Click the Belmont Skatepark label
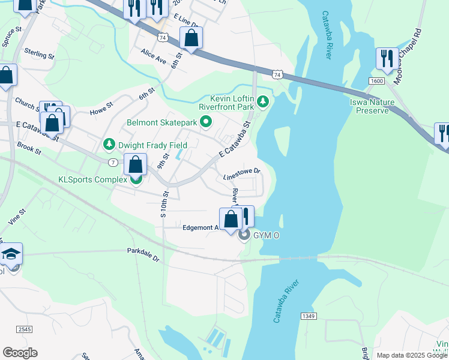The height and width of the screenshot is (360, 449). point(161,122)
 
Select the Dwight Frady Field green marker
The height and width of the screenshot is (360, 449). point(109,145)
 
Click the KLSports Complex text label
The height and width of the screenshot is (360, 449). point(93,179)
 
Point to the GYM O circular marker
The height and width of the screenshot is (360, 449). point(244,235)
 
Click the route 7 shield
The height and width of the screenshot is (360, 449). point(113,163)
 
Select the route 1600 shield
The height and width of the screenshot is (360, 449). point(376,80)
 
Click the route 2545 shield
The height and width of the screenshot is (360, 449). point(25,329)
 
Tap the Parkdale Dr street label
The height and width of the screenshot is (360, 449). point(143,255)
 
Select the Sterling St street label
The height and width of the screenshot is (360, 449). point(40,54)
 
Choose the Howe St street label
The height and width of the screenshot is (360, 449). point(101,108)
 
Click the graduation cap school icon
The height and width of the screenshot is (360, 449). point(11,255)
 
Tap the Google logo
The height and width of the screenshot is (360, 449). point(20,353)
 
